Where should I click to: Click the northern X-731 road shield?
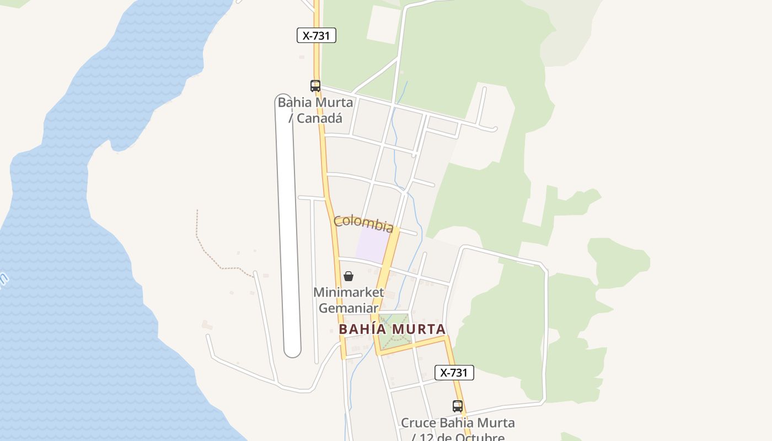click(x=316, y=36)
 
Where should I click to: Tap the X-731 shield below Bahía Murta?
click(x=454, y=373)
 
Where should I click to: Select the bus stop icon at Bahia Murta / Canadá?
click(x=315, y=86)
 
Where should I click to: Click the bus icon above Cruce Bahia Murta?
click(x=457, y=406)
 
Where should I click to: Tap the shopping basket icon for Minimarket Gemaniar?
click(x=349, y=276)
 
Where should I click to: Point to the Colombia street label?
click(x=363, y=223)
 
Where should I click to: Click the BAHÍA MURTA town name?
click(x=392, y=329)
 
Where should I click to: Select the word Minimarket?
click(x=349, y=292)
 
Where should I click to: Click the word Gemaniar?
click(x=347, y=308)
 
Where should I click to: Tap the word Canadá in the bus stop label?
click(x=319, y=118)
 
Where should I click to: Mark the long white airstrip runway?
click(x=288, y=220)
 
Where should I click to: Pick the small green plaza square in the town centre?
click(x=395, y=329)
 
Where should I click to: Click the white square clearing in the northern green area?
click(x=383, y=24)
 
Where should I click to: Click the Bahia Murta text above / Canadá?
click(x=315, y=103)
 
